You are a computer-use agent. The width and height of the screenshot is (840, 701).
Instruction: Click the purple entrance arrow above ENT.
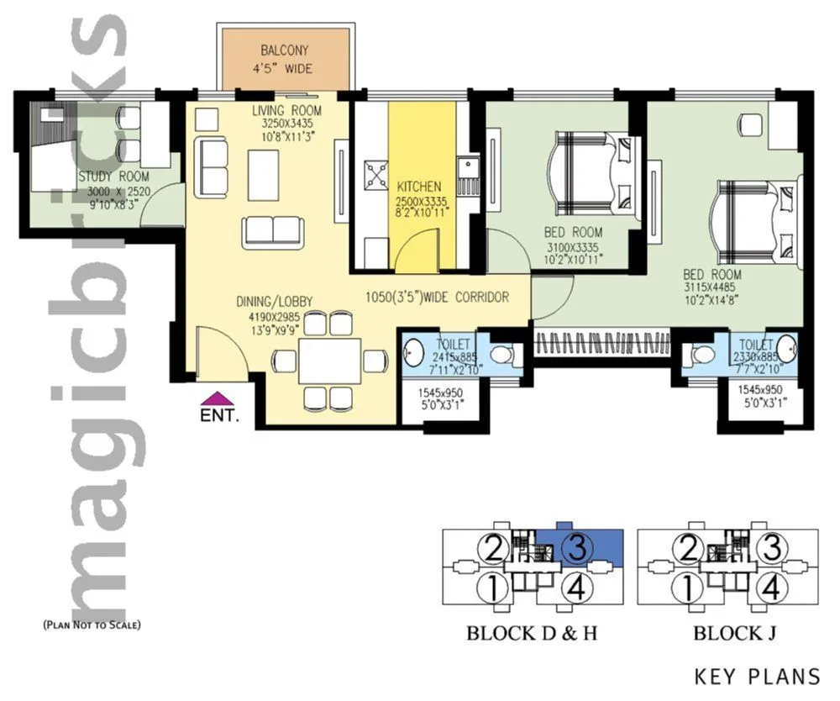[218, 398]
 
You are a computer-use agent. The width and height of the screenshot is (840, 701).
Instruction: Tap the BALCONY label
[284, 50]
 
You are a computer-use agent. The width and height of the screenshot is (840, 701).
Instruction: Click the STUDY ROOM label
[114, 177]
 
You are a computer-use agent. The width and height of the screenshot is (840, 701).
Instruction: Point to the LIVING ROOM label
[286, 111]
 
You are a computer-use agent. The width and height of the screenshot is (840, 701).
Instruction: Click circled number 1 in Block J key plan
[689, 586]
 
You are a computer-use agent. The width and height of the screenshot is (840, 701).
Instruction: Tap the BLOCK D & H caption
[531, 633]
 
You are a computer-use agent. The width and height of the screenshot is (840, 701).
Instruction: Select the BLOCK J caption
[725, 633]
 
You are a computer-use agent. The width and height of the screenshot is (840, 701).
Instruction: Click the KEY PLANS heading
[757, 675]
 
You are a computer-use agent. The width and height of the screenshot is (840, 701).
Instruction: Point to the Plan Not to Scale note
[92, 625]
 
